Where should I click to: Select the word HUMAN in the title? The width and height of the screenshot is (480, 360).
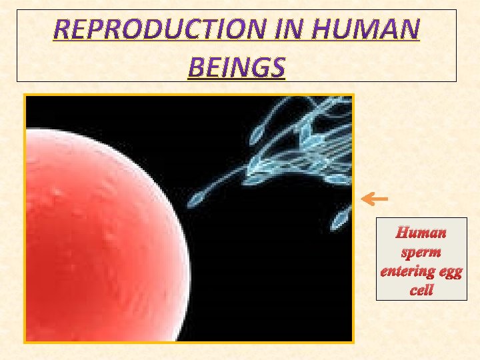(377, 29)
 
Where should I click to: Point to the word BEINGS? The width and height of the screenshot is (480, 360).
(237, 67)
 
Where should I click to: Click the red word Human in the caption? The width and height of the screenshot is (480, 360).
(421, 233)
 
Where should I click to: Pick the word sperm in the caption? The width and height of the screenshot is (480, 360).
(421, 253)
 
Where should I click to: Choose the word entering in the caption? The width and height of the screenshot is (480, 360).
(405, 272)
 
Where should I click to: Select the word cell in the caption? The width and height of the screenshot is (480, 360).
(421, 291)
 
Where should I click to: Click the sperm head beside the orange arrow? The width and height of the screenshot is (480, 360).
(343, 215)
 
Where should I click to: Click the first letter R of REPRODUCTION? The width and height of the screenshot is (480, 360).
(62, 29)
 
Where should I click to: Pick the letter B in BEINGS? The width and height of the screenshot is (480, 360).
(197, 67)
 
